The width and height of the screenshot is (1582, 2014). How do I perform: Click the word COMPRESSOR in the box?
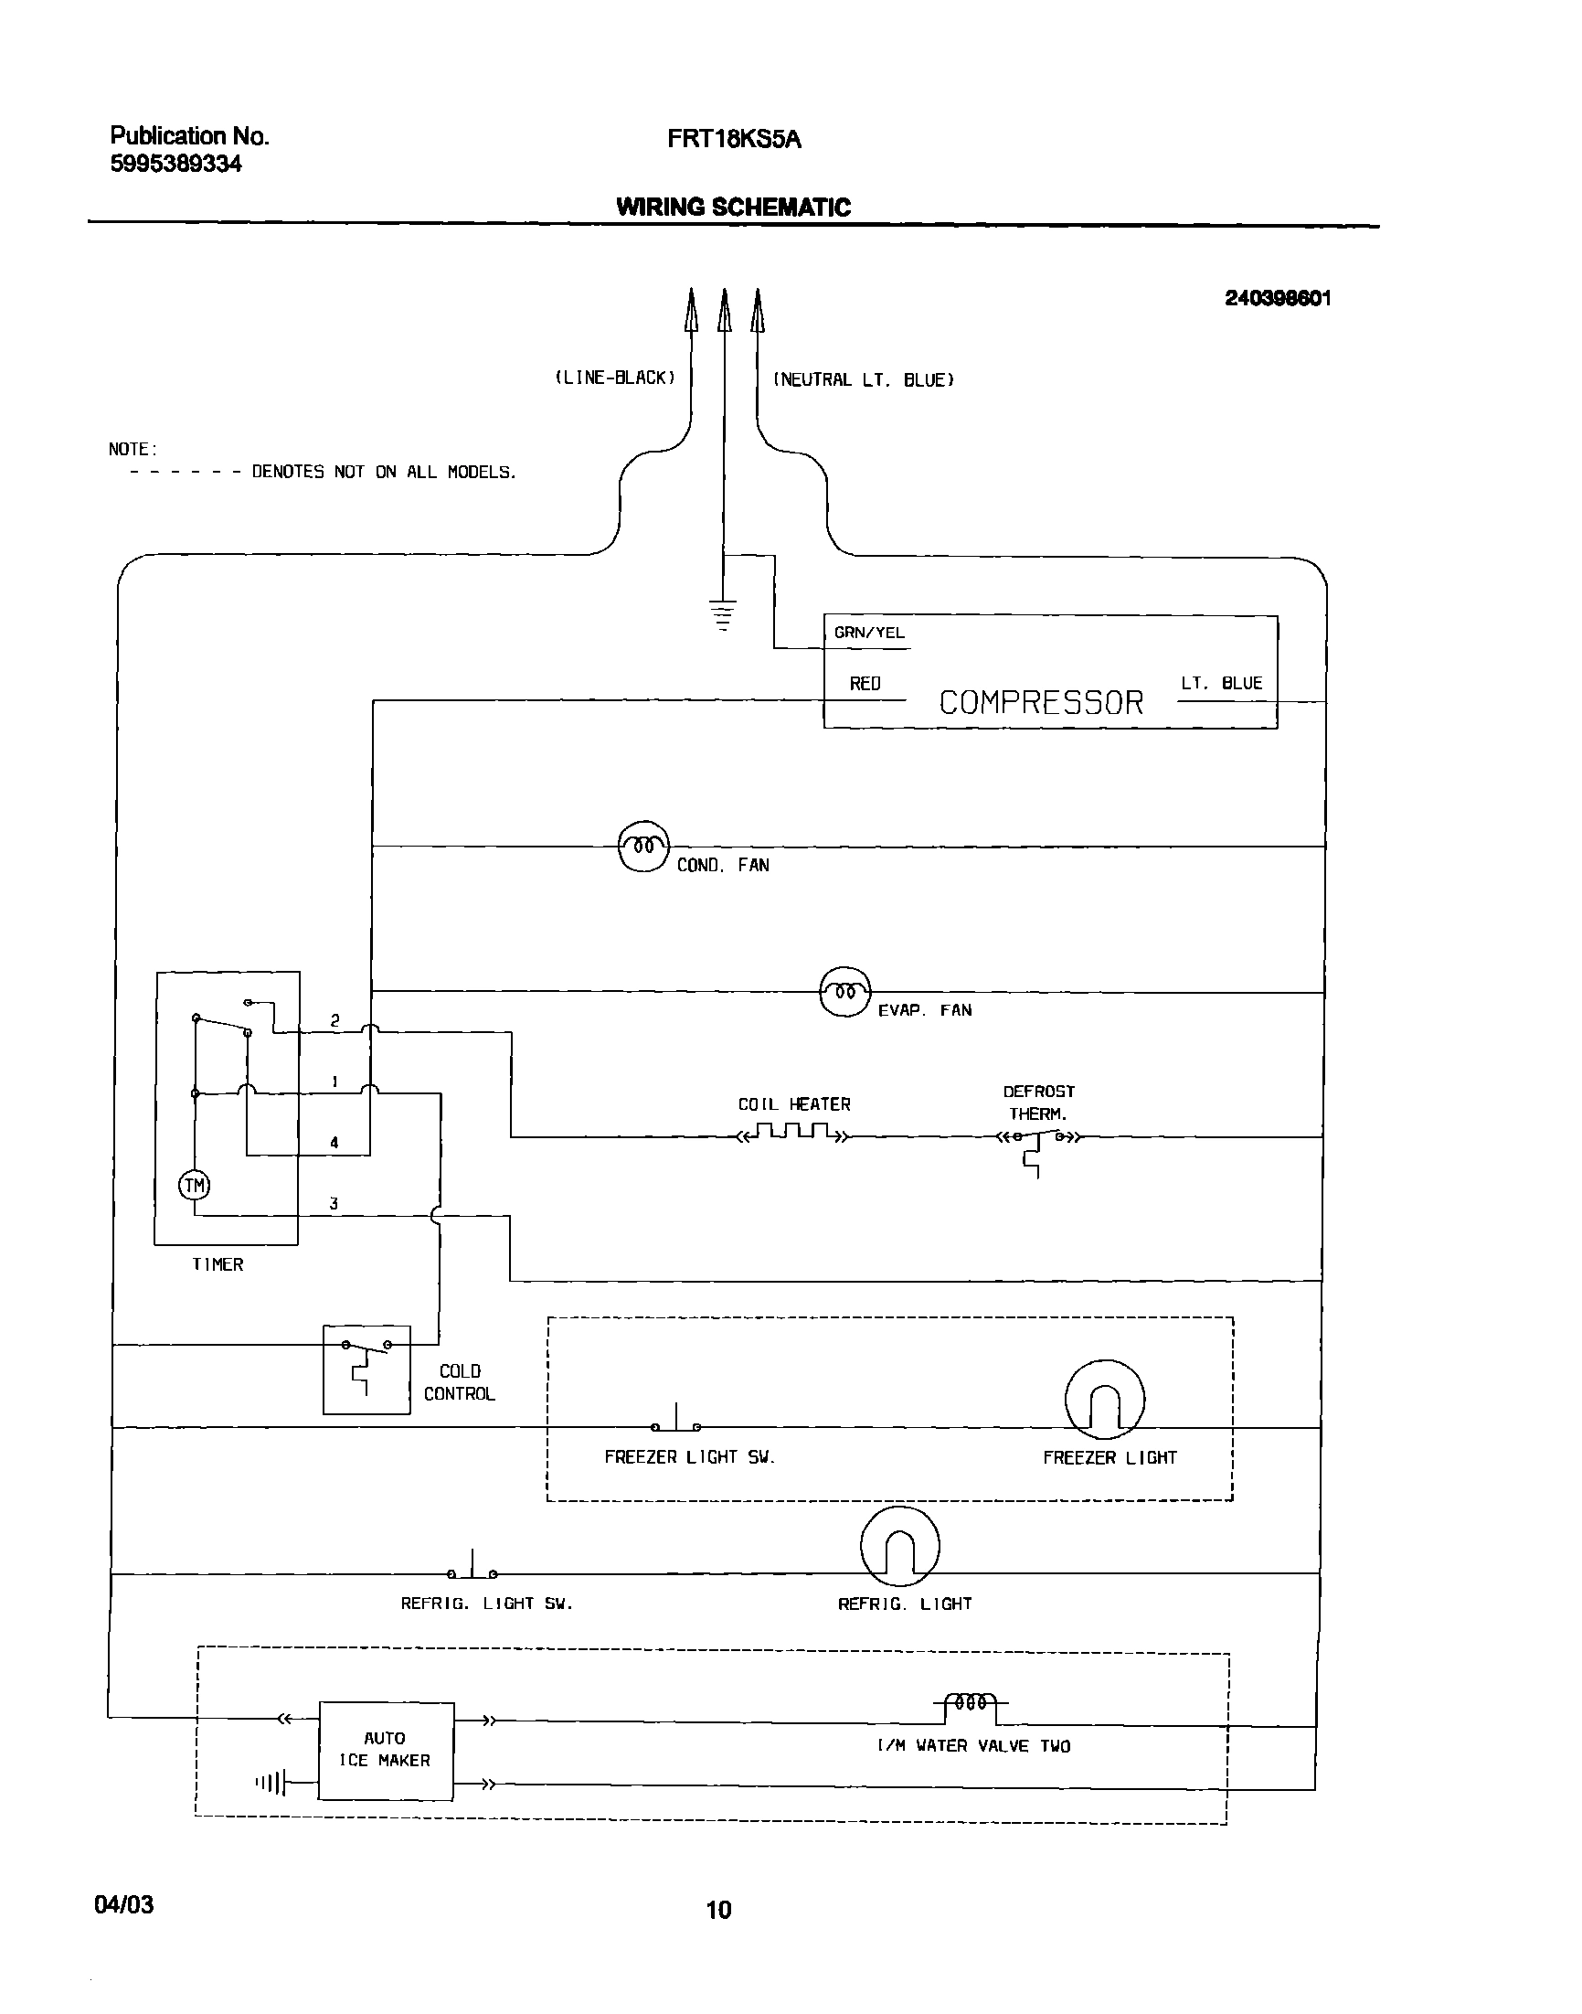(1041, 702)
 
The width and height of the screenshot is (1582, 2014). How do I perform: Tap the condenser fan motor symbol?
(642, 847)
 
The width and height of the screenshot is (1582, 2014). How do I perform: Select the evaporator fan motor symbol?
(844, 992)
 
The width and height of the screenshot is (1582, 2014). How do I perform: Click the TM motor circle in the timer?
(195, 1185)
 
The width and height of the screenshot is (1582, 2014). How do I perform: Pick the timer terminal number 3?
(334, 1203)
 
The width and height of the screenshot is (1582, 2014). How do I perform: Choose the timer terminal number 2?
(334, 1020)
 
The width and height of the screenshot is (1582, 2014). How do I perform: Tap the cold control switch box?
(366, 1369)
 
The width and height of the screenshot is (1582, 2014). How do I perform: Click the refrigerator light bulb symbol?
(899, 1547)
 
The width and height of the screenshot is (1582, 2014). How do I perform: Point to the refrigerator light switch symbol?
(472, 1568)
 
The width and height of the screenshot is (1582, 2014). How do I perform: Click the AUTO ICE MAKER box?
(387, 1750)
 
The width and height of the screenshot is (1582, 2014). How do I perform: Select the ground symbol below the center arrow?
(723, 615)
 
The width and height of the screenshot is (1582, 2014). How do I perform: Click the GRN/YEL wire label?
(869, 633)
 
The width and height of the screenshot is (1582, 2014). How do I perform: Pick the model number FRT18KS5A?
(734, 139)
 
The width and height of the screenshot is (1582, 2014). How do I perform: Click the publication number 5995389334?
(176, 164)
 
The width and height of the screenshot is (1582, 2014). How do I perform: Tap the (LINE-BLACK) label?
(615, 377)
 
